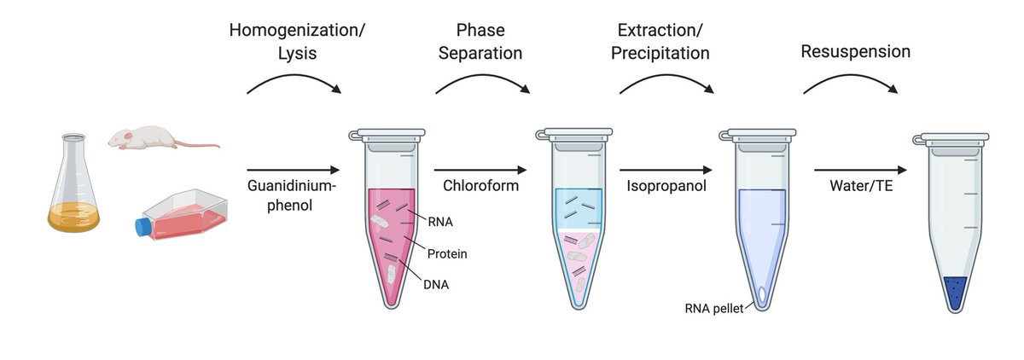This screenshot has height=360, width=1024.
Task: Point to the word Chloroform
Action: [480, 186]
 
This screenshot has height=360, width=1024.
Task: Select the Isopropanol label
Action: [666, 186]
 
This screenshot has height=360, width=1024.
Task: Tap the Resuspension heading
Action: [855, 52]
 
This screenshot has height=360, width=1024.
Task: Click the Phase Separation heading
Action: [478, 42]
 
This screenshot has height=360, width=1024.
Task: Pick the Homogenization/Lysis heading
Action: [297, 42]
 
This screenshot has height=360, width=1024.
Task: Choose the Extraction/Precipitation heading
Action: [663, 42]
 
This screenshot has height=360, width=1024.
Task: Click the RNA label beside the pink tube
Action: [441, 223]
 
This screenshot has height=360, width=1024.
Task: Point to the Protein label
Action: [447, 253]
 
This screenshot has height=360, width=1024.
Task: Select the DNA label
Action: [435, 285]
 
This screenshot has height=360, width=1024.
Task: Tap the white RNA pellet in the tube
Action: [760, 293]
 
